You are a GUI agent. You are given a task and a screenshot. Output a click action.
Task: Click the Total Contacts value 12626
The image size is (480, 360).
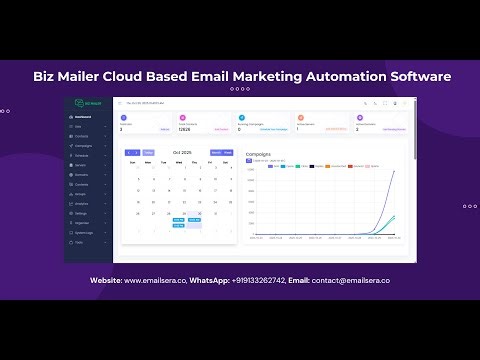click(x=185, y=129)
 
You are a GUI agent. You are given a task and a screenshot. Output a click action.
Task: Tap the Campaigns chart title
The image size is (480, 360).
click(x=258, y=154)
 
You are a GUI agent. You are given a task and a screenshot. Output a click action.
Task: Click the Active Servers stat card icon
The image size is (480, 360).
click(x=299, y=118)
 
